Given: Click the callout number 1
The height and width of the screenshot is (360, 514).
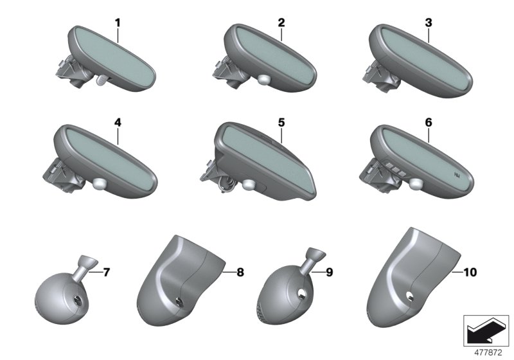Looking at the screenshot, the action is tap(118, 23).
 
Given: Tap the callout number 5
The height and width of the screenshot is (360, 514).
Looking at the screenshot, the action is tap(281, 123).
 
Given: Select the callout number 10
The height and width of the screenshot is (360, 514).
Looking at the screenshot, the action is tap(470, 272).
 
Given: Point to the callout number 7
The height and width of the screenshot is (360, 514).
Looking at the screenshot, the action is tap(106, 272).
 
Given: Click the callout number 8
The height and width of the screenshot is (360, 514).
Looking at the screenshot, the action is tap(240, 272).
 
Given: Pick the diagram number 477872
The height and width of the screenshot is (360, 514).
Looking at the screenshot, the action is tap(488, 352).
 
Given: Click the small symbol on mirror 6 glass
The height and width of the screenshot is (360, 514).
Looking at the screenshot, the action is tap(457, 175).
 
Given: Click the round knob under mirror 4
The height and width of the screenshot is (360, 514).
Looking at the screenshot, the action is tap(99, 184).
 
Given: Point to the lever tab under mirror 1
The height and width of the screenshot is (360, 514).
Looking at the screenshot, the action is tap(102, 80).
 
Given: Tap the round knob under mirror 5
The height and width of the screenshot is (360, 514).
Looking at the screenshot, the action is tap(249, 185).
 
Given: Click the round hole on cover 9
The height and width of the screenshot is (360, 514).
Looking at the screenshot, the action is tap(302, 293).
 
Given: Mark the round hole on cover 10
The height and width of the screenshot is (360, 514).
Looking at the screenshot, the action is tap(409, 296).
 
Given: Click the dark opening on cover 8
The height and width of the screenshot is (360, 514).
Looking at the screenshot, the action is tap(179, 301).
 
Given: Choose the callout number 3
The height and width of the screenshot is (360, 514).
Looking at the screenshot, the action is tap(429, 23).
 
